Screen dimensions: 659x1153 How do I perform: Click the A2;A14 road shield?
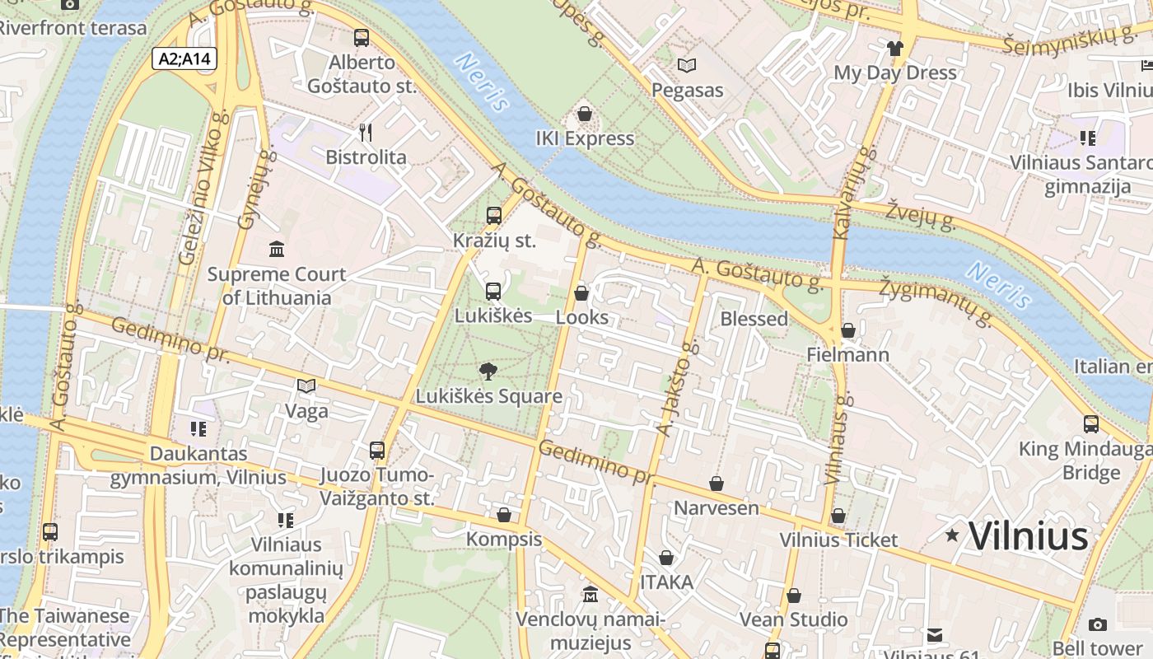coord(184,58)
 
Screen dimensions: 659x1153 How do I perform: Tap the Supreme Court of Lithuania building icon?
coord(277,249)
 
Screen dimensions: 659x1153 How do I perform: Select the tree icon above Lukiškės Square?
coord(488,371)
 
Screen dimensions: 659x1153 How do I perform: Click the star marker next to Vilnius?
coord(952,535)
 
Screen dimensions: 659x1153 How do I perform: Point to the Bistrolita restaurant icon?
coord(366,132)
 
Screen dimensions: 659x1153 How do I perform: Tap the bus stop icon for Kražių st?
coord(493,216)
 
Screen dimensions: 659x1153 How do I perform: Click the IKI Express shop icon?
coord(585,114)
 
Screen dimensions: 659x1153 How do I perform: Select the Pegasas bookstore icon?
coord(686,65)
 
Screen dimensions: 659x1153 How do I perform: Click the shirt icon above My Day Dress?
coord(895,48)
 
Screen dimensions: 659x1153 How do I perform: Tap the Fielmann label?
coord(847,355)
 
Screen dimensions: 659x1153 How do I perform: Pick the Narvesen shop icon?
coord(717,484)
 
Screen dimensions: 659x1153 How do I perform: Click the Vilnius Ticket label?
coord(838,540)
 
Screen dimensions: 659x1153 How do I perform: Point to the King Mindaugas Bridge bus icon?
coord(1091,424)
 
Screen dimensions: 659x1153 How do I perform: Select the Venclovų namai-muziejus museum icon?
coord(590,594)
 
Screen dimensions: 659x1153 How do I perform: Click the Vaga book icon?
coord(306,386)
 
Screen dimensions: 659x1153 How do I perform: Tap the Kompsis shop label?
coord(504,540)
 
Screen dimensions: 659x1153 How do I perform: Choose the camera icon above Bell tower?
coord(1097,624)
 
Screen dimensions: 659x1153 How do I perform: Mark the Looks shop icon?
coord(581,292)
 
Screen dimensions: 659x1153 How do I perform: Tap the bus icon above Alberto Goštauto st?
coord(361,37)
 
